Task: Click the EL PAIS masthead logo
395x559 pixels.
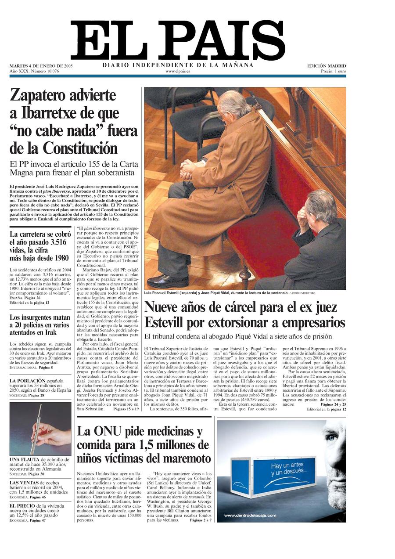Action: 178,40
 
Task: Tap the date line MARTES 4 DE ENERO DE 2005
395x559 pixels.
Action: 41,66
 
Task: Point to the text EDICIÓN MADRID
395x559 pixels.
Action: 326,66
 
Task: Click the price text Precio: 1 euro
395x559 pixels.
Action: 333,71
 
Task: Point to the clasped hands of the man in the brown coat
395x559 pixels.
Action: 191,169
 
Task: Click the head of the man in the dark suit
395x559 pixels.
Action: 323,206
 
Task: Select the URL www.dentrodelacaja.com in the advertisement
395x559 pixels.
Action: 250,515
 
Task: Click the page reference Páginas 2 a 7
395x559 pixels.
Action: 201,520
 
